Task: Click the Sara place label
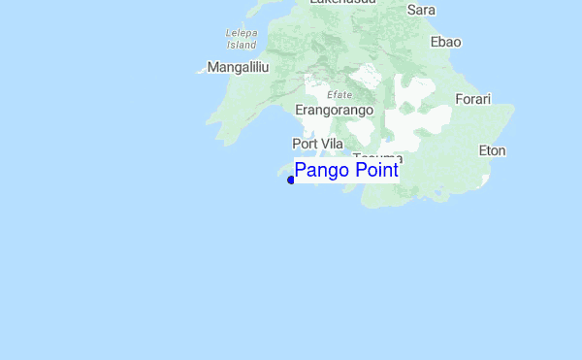click(x=421, y=10)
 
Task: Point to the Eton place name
click(x=493, y=150)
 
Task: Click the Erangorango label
click(x=334, y=111)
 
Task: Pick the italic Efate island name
click(x=339, y=94)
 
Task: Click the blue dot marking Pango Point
click(x=291, y=180)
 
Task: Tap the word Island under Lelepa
click(x=241, y=45)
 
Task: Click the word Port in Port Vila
click(x=305, y=144)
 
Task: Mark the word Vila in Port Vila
click(x=331, y=144)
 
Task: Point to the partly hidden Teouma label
click(x=377, y=157)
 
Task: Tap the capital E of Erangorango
click(x=300, y=111)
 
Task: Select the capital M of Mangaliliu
click(x=213, y=68)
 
